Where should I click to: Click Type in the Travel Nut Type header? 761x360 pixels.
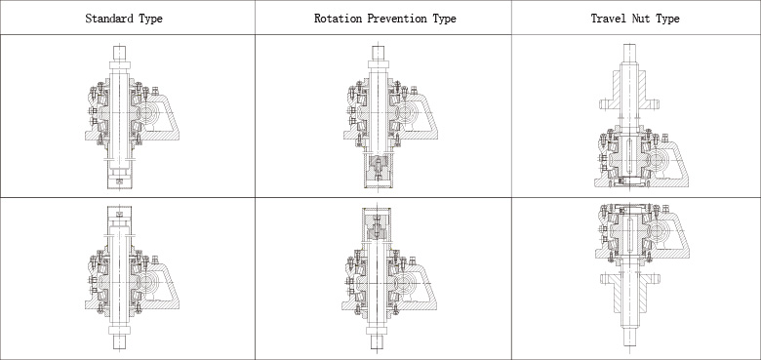[x=667, y=19]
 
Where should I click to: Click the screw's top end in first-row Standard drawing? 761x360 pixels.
[x=119, y=46]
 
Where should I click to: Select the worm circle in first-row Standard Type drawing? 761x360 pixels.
[x=145, y=113]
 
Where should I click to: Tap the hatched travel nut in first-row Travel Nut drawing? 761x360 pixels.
[x=629, y=93]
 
